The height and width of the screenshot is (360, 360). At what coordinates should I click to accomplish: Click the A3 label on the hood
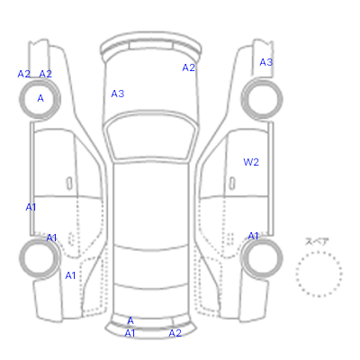click(118, 94)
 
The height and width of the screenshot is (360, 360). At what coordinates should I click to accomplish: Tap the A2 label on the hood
click(189, 67)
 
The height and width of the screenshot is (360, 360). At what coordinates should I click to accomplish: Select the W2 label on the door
click(251, 162)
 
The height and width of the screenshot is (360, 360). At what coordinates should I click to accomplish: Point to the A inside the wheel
click(40, 98)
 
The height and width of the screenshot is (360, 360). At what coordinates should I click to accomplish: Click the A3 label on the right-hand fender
click(266, 62)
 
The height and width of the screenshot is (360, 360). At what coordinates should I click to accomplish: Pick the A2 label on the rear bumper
click(175, 333)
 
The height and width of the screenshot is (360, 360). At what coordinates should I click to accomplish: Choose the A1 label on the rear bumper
click(130, 333)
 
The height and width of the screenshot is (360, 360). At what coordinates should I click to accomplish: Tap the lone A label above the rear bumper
click(130, 320)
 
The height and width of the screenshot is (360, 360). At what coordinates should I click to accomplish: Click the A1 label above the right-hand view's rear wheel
click(253, 236)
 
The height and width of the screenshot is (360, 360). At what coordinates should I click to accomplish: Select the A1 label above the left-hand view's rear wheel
click(51, 238)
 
